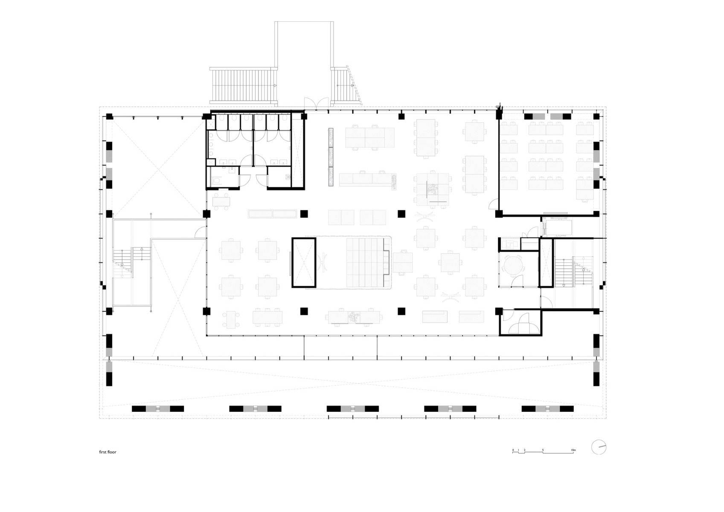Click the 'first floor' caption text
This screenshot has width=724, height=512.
coord(108,452)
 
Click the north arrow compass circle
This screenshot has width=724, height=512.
coord(599,447)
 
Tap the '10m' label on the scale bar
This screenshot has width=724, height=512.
coord(573,450)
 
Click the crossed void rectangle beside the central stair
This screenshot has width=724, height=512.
coord(304,262)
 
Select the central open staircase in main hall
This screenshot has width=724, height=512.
coord(365,262)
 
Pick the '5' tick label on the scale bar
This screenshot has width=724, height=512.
coord(543,450)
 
